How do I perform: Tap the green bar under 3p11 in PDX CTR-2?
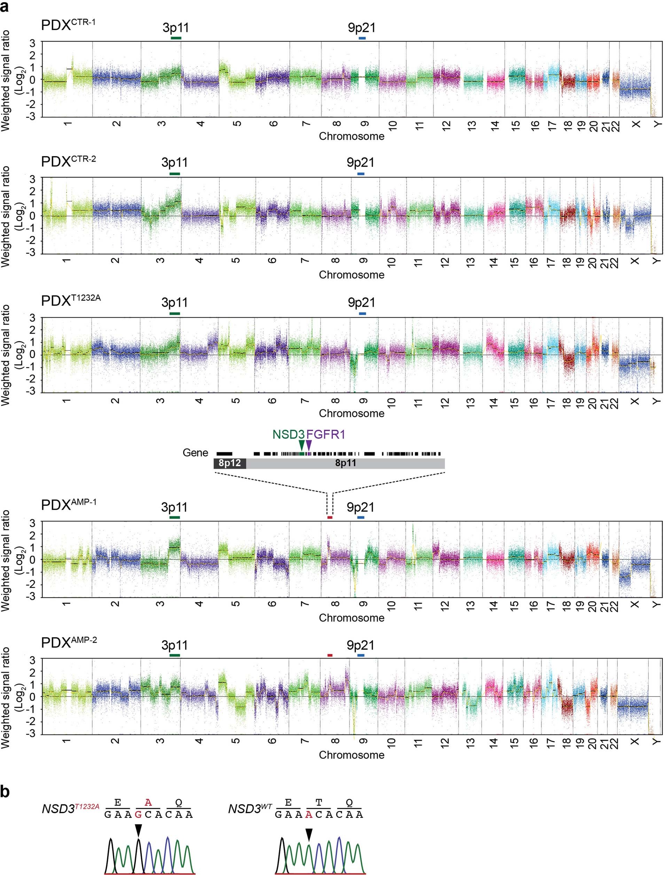click(174, 174)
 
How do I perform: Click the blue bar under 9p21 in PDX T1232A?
click(362, 314)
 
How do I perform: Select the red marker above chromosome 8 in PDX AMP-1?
click(330, 517)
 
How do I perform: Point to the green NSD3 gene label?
click(289, 434)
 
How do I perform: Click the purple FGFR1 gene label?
click(326, 434)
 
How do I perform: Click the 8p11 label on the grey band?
click(345, 463)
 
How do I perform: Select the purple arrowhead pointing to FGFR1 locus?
click(309, 445)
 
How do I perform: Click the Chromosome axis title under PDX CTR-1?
click(352, 136)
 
